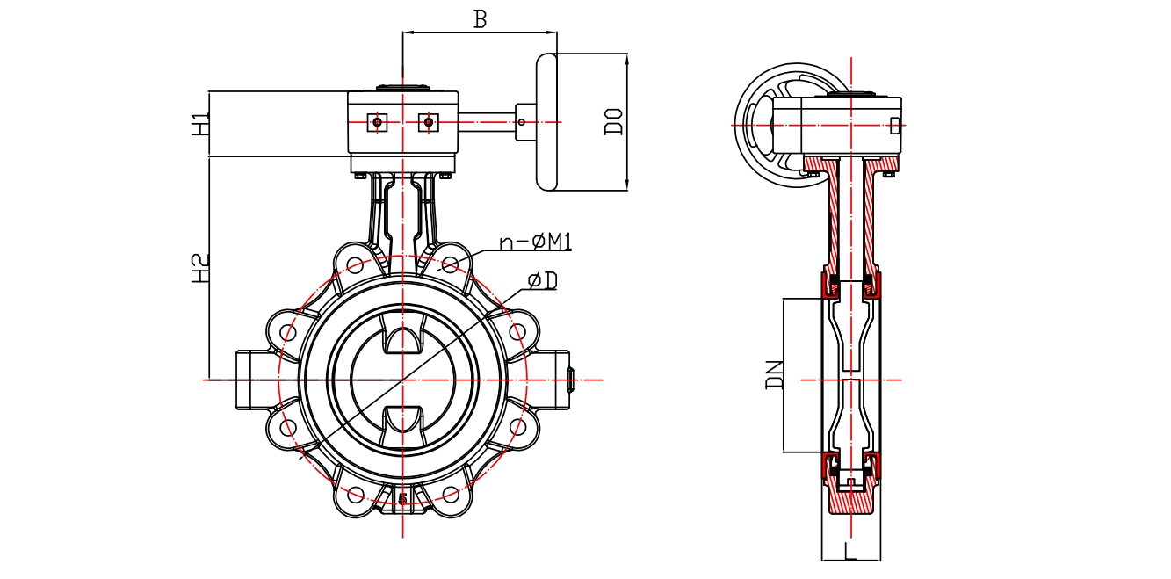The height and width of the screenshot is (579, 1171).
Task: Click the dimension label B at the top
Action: coord(480,19)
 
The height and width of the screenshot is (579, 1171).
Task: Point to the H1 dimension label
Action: coord(201,123)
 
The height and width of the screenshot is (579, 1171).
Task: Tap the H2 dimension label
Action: coord(201,268)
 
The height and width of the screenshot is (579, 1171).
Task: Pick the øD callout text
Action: coord(543,280)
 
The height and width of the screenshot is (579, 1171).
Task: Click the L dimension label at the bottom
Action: coord(849,552)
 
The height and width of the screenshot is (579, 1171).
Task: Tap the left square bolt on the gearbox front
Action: coord(377,122)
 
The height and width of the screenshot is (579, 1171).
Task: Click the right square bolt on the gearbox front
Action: coord(428,122)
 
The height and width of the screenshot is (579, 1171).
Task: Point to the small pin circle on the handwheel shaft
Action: coord(522,122)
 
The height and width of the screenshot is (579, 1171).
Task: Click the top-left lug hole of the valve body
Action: coord(355,264)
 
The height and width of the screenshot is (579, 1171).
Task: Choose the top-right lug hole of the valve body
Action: coord(450,264)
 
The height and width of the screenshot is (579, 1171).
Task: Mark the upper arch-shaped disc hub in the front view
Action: coord(402,341)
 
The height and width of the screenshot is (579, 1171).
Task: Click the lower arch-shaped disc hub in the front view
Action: coord(402,420)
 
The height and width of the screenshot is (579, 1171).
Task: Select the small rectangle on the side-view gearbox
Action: coord(894,125)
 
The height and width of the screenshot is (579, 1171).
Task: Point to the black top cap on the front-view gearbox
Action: coord(402,88)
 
